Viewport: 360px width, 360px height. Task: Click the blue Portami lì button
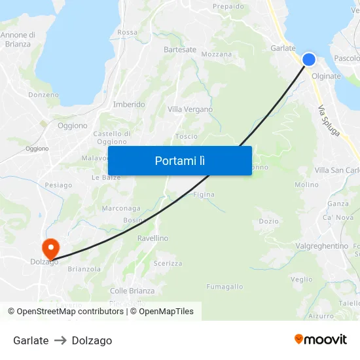click(x=179, y=160)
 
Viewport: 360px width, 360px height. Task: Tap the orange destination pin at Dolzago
click(x=50, y=249)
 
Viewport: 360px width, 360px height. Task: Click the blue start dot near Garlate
click(x=309, y=60)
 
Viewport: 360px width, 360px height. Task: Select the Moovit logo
click(x=320, y=339)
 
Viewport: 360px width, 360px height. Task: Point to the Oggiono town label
click(x=72, y=126)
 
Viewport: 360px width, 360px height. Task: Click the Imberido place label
click(x=129, y=105)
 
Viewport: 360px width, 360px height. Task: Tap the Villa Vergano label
click(x=190, y=109)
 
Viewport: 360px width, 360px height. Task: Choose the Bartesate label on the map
click(x=180, y=50)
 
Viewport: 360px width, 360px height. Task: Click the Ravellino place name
click(x=153, y=238)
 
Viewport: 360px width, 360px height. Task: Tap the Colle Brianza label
click(x=132, y=291)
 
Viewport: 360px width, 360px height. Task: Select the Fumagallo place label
click(x=225, y=287)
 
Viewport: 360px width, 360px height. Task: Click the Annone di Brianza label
click(x=18, y=39)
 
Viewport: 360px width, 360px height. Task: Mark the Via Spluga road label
click(x=329, y=121)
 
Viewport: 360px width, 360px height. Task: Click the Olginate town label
click(x=327, y=77)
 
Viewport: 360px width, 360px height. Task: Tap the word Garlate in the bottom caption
click(x=31, y=340)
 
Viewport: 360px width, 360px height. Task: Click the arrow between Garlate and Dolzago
click(x=60, y=340)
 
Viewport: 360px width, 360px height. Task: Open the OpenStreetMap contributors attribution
click(x=66, y=312)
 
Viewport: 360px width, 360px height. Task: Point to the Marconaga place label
click(x=121, y=208)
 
